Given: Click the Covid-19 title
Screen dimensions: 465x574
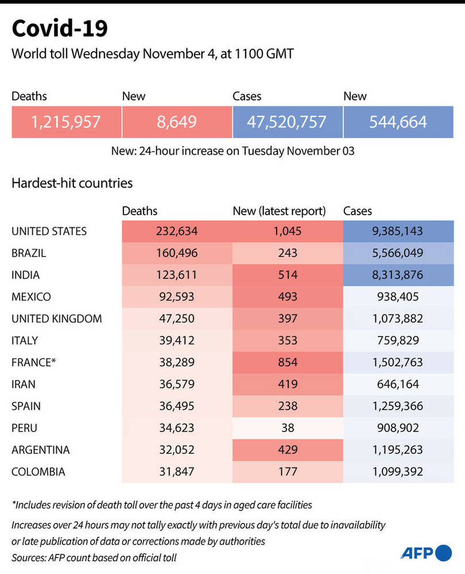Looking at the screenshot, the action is point(60,28).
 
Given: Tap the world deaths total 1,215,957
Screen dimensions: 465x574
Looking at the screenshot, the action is point(66,122).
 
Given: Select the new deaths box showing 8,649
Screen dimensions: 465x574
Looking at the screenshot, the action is point(177,122).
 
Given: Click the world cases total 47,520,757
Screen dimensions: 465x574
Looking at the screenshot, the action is point(288,122).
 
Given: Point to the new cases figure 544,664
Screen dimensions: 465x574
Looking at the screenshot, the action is point(398,122).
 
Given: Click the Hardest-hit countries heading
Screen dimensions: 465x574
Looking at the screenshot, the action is point(72,183).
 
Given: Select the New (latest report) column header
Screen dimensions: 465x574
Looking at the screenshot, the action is point(280,211).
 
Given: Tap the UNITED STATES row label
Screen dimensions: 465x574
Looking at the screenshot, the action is point(49,231).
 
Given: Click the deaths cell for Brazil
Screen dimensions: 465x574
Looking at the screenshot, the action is point(177,253).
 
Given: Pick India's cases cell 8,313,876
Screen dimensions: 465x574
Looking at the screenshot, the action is point(398,275).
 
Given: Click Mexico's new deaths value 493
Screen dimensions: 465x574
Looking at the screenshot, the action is point(288,297).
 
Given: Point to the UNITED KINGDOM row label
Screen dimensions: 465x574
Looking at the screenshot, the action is point(57,319).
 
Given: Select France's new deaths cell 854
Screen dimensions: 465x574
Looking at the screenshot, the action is point(288,362).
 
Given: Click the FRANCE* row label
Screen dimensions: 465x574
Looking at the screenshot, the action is point(34,362).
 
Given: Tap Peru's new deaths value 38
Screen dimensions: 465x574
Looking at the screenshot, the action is point(288,428).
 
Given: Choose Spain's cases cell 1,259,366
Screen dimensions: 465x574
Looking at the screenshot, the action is point(398,406).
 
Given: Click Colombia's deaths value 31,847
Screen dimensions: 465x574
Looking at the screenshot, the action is point(177,471).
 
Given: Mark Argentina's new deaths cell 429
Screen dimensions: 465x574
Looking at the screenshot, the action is point(288,450).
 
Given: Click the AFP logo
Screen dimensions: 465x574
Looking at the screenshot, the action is point(426,553).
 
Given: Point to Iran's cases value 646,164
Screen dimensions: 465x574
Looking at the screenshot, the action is point(398,384).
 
